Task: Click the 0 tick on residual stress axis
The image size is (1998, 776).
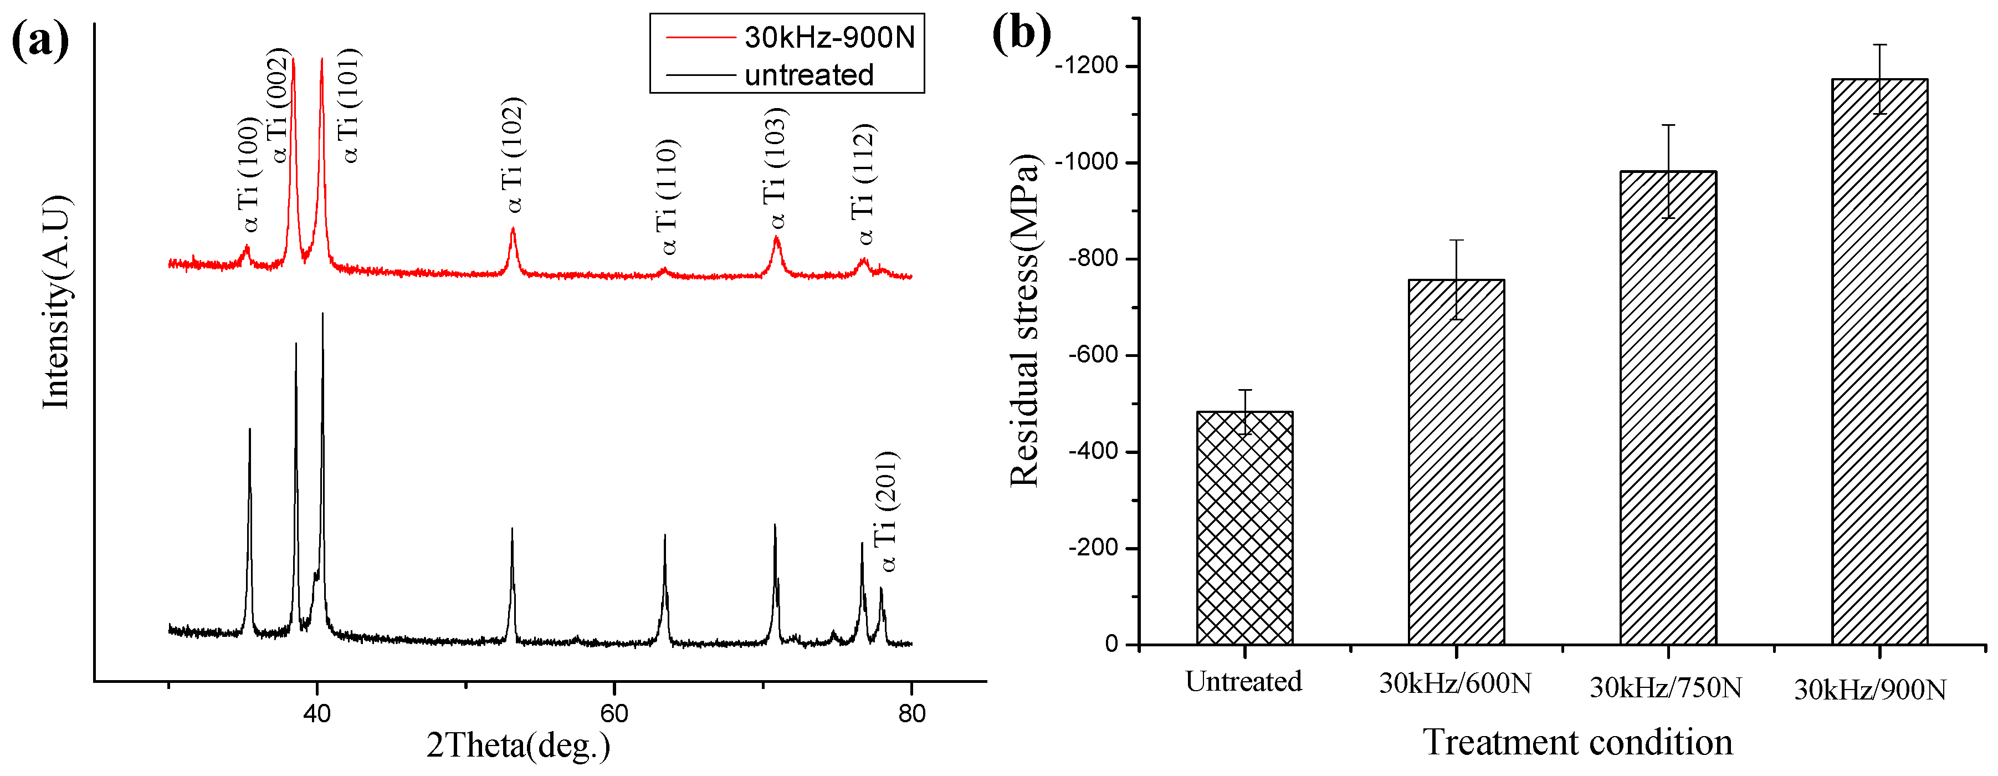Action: [1111, 644]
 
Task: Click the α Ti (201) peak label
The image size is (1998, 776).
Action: [886, 512]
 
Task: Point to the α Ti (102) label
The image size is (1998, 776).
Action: [512, 155]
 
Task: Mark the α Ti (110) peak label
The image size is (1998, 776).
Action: [667, 197]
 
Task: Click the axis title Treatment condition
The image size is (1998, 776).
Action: [1577, 743]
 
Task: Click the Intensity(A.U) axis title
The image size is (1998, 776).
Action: [56, 303]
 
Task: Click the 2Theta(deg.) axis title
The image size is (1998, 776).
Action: [518, 746]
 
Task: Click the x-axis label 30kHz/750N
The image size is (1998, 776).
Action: [1666, 687]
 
